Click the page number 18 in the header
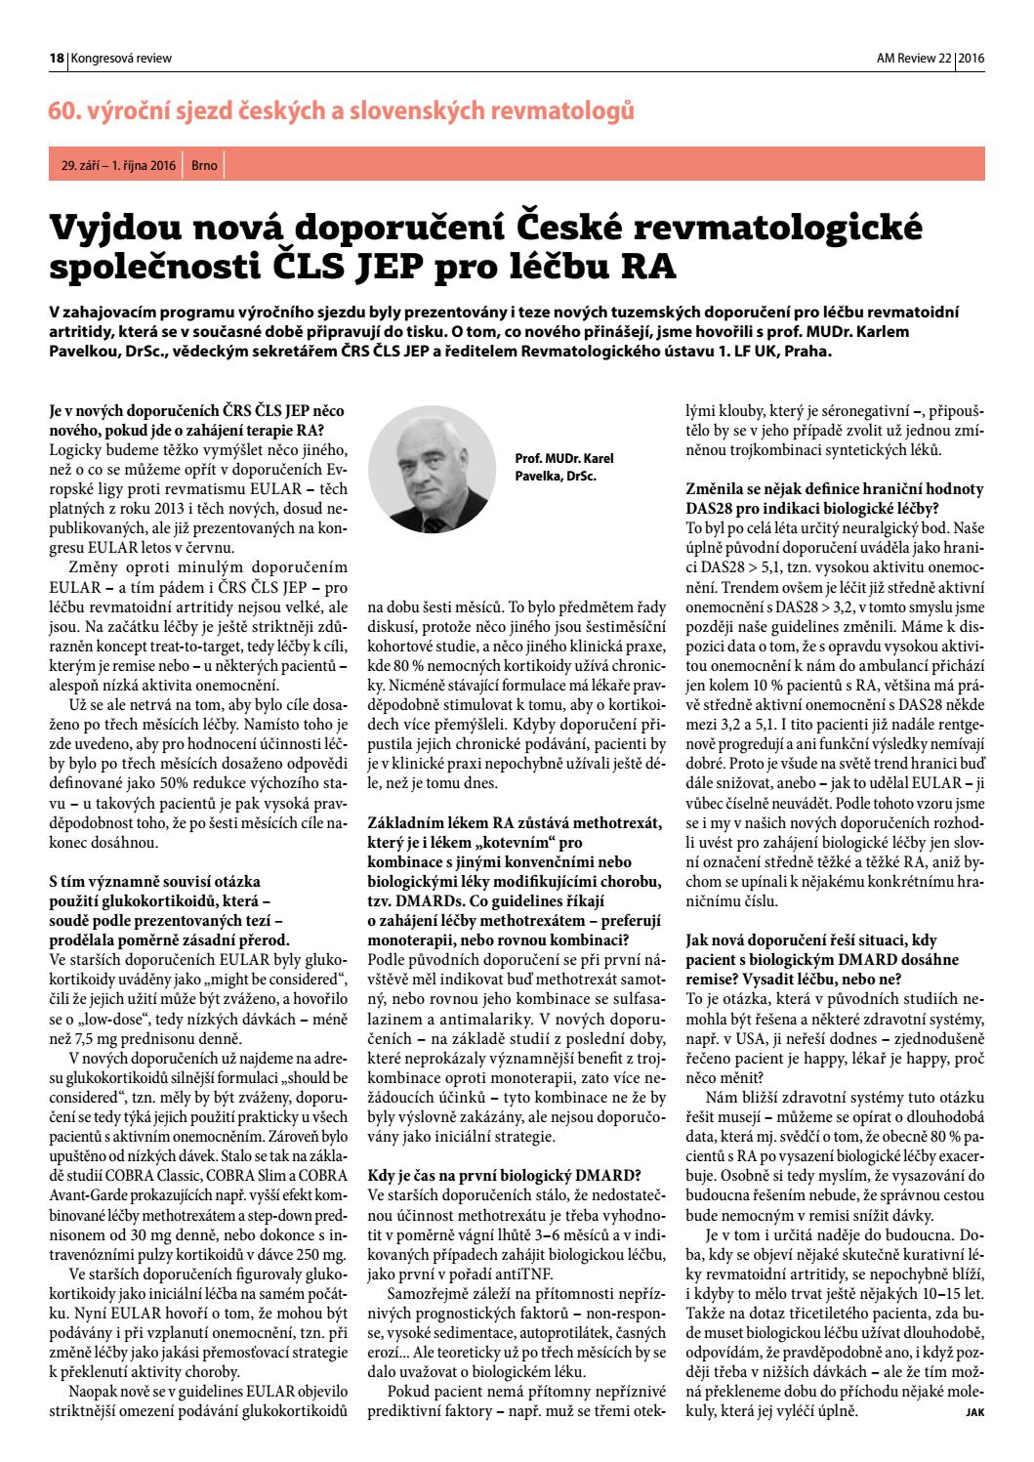click(x=57, y=59)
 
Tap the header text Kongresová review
click(x=121, y=59)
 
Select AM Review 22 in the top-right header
click(x=913, y=59)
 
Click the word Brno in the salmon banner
click(x=204, y=166)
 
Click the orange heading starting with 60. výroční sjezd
click(x=342, y=111)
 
